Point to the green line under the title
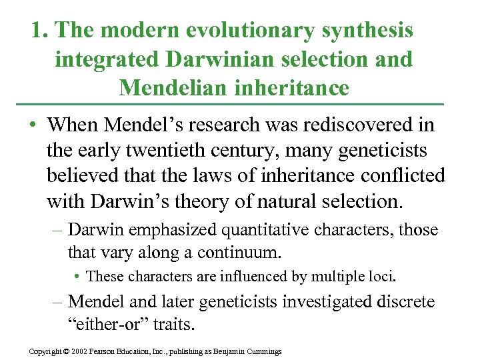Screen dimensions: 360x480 click(240, 105)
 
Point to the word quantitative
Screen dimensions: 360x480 click(260, 230)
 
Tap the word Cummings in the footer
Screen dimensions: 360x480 click(264, 351)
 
